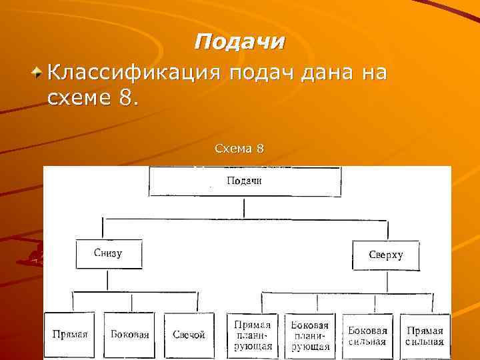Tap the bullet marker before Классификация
(x=40, y=70)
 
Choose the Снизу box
(x=109, y=254)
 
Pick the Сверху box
(x=385, y=255)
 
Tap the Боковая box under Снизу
(x=130, y=335)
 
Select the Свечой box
(x=189, y=335)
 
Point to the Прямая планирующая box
(x=253, y=335)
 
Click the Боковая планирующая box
(x=311, y=335)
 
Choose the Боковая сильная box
(x=367, y=335)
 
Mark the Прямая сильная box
(x=425, y=335)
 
